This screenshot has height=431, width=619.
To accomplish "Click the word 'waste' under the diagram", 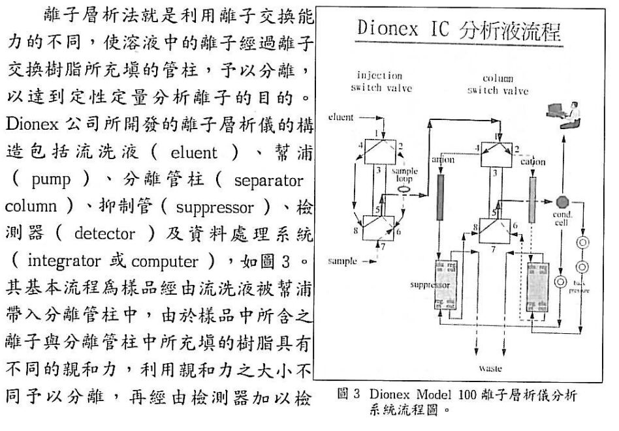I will click(x=490, y=369).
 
